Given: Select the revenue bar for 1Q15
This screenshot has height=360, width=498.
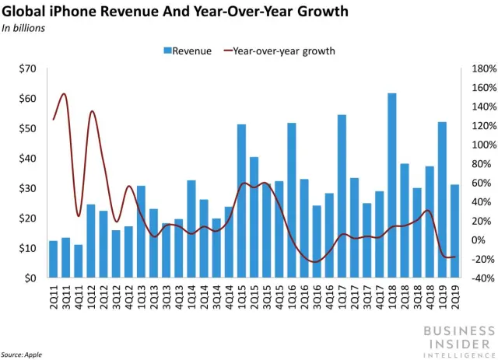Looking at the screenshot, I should coord(241,201).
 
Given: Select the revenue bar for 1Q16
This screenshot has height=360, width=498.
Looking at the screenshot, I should coord(292,200).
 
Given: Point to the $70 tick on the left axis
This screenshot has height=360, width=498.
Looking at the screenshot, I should coord(28,70).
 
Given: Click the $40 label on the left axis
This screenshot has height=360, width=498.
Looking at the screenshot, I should coord(28,159).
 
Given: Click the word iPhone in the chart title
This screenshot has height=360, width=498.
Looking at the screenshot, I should coord(86,12).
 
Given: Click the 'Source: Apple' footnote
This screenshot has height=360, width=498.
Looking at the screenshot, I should coord(22,354).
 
